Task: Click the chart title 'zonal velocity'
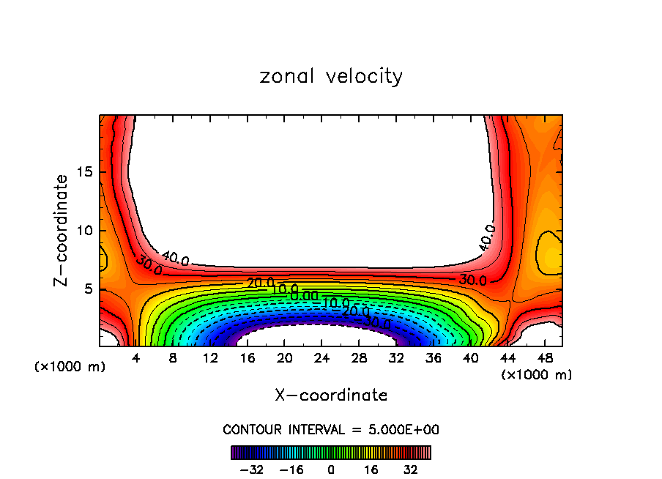pyautogui.click(x=331, y=76)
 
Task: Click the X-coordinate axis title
pyautogui.click(x=331, y=396)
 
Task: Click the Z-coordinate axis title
pyautogui.click(x=62, y=230)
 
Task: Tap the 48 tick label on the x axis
pyautogui.click(x=546, y=358)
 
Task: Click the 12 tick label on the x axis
pyautogui.click(x=210, y=358)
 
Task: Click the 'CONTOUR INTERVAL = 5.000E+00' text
pyautogui.click(x=331, y=430)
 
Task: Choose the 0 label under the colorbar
pyautogui.click(x=331, y=469)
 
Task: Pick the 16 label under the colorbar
pyautogui.click(x=371, y=469)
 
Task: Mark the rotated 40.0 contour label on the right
pyautogui.click(x=487, y=238)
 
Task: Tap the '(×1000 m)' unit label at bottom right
pyautogui.click(x=537, y=375)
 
